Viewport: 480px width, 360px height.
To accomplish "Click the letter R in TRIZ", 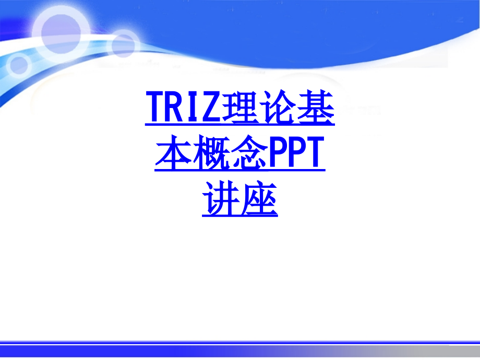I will click(x=173, y=109).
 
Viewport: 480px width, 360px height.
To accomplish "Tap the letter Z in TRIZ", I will click(x=209, y=109).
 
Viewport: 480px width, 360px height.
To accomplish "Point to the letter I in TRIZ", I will click(x=191, y=109).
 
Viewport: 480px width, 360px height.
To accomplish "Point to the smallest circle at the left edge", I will click(x=19, y=65).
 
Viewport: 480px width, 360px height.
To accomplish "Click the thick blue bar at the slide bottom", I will click(x=240, y=348).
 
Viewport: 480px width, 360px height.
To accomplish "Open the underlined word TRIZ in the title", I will click(x=182, y=109).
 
